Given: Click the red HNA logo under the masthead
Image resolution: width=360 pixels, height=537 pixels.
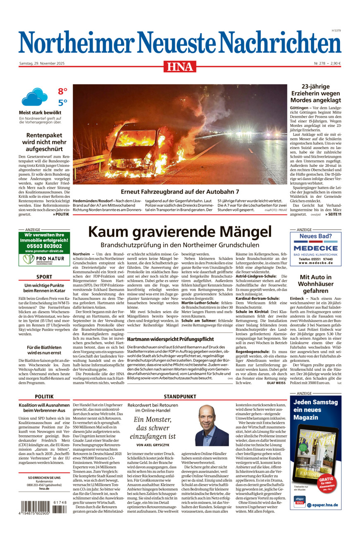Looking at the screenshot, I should point(180,66).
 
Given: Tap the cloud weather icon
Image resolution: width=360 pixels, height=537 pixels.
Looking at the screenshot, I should point(34,97).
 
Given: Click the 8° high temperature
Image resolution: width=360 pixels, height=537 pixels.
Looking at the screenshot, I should point(62,91).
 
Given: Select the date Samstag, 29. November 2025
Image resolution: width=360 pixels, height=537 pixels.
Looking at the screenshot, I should point(45,63).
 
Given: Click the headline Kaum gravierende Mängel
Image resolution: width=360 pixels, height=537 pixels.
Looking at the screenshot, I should point(180,231).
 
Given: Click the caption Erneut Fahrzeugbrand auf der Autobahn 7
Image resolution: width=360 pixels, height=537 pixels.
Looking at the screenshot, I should point(180,192).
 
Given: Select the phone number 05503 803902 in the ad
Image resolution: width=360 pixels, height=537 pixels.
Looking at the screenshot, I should point(44,246).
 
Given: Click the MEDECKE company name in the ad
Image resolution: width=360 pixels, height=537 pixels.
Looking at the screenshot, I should point(316,248).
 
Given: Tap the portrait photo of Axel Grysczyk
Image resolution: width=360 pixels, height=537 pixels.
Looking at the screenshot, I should point(212,425).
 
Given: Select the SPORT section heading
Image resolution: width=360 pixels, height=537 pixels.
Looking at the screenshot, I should point(44,277).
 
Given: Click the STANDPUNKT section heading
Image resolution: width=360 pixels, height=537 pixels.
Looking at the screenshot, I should point(180,396).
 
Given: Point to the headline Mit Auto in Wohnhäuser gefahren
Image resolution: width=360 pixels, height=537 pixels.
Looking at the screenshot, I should point(316,284).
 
